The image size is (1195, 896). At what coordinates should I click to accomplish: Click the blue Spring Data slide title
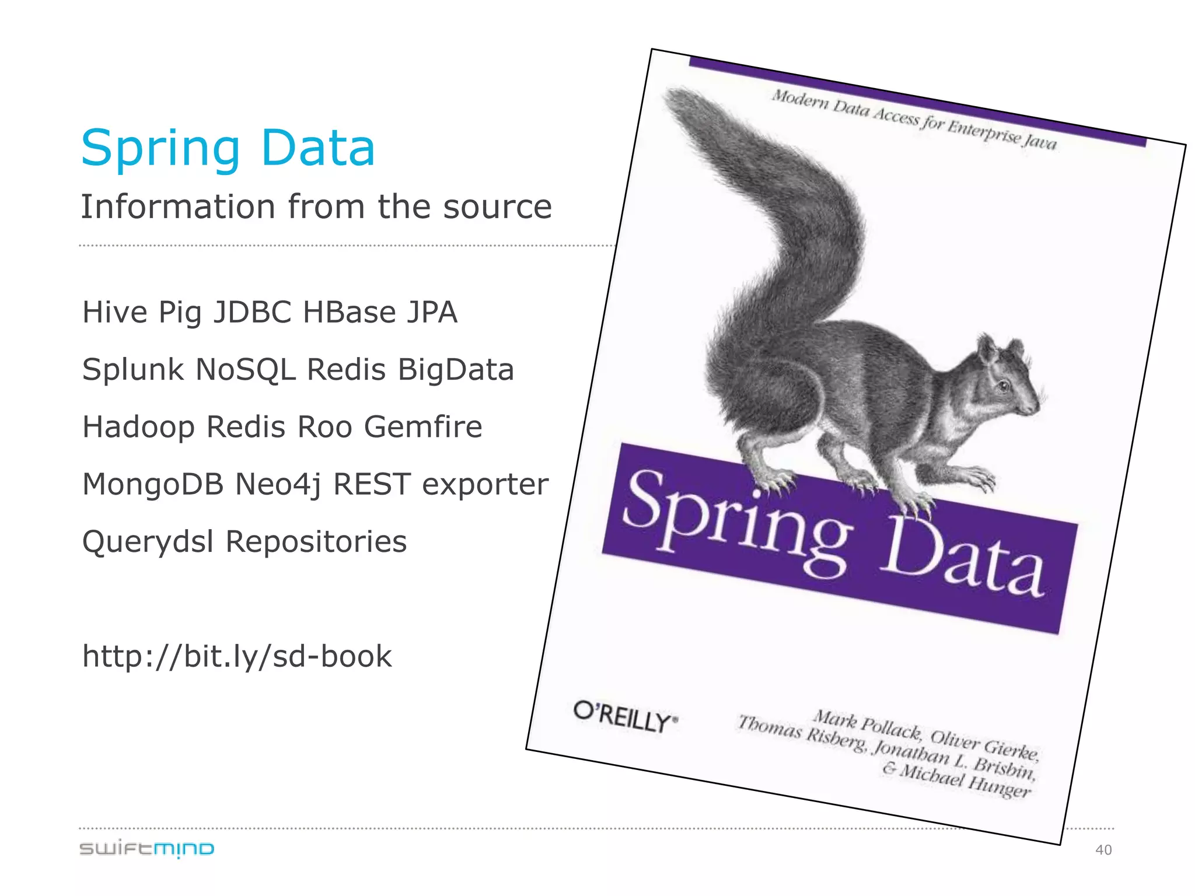point(228,149)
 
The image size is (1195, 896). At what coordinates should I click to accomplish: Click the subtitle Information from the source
point(316,206)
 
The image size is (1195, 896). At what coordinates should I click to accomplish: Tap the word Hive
point(115,312)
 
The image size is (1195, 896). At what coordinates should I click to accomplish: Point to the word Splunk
point(133,370)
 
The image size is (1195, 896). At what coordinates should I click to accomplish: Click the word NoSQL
point(246,370)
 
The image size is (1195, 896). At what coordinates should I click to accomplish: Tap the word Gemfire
point(423,426)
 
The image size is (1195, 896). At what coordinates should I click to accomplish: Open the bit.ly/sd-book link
point(237,656)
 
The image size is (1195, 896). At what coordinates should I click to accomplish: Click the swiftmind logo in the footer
point(146,849)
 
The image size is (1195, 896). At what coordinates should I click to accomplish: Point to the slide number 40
point(1103,850)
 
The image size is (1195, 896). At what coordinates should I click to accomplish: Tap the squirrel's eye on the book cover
point(1004,386)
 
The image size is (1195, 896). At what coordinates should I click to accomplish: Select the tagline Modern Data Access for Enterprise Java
point(914,120)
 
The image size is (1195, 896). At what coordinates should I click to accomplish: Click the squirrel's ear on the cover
point(988,349)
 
